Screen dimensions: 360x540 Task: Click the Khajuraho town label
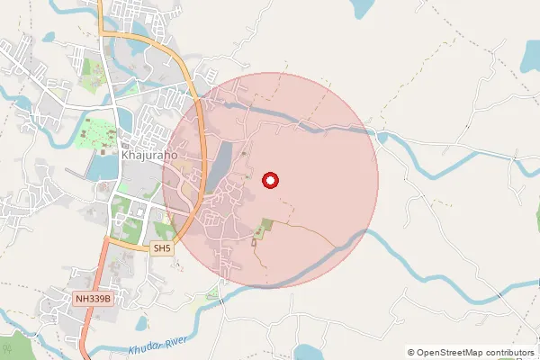coord(148,154)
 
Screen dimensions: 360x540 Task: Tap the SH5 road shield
coord(161,247)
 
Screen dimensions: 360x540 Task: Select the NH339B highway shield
coord(93,298)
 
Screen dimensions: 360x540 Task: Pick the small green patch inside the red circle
coord(263,229)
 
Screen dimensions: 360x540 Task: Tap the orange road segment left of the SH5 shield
coord(126,243)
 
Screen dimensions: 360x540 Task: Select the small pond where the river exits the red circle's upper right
coord(383,137)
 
